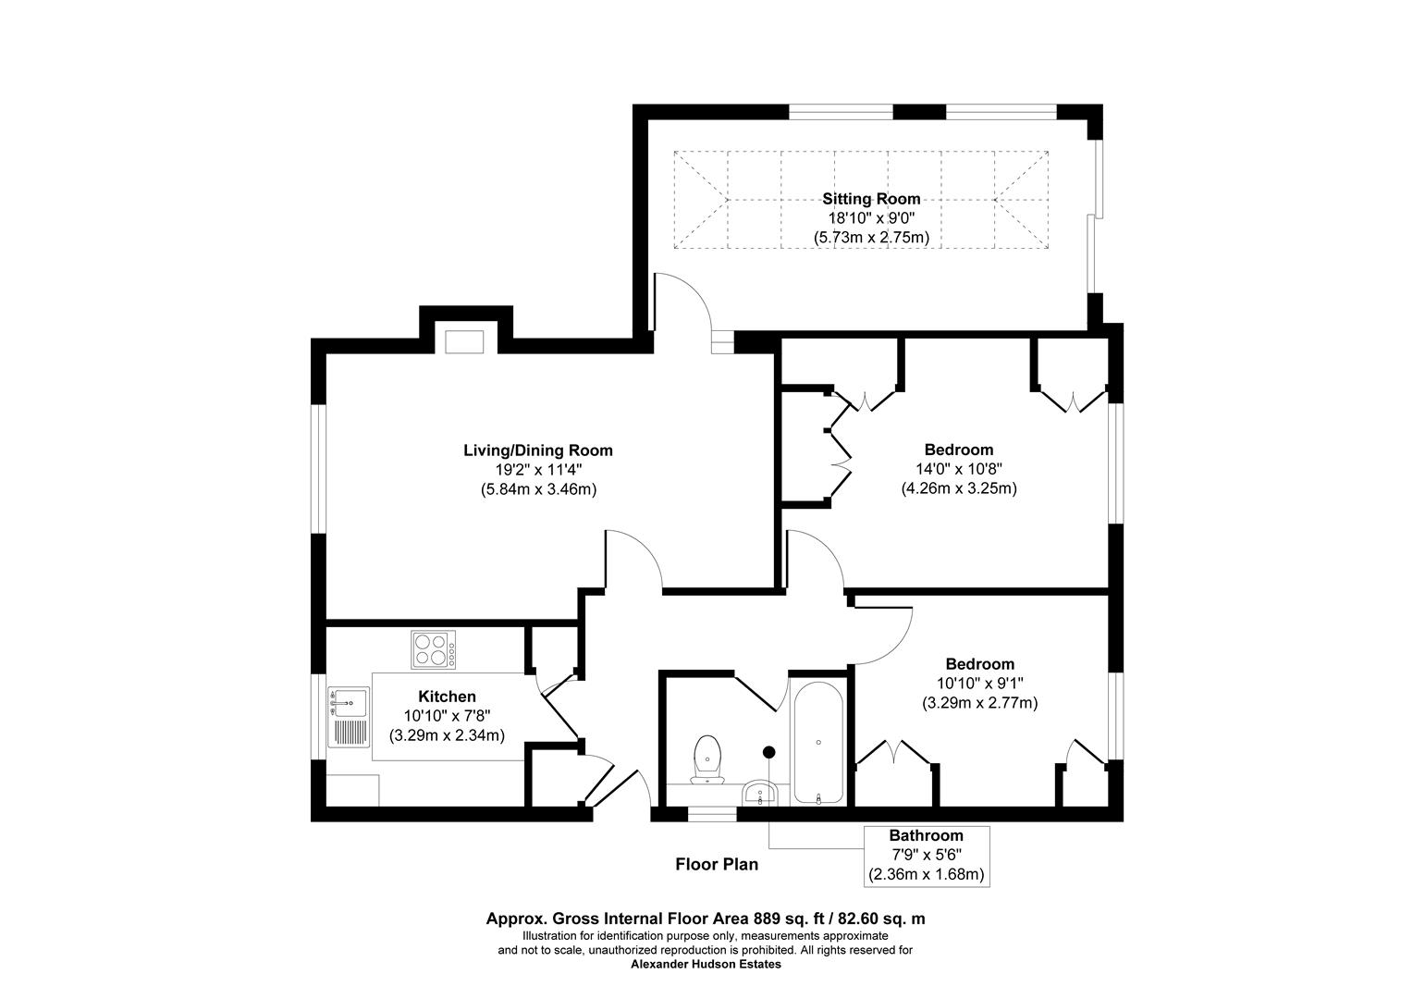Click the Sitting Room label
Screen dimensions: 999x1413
pos(871,199)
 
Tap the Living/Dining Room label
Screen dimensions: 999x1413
pos(537,450)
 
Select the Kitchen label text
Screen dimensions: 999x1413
pos(447,697)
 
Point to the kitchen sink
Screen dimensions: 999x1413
pos(349,705)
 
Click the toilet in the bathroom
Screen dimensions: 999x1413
pos(707,758)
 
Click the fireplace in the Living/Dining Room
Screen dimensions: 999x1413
pos(465,340)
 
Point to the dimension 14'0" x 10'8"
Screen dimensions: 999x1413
pos(959,469)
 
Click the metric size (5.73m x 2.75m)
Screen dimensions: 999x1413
pos(871,238)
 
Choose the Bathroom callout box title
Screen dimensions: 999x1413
pos(926,835)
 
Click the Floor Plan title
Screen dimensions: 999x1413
pos(717,865)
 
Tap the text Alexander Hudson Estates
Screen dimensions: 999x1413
pos(706,964)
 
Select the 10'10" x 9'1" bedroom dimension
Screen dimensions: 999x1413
pos(979,684)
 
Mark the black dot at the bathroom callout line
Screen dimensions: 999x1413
pos(768,751)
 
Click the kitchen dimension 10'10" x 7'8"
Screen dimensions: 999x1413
pos(447,716)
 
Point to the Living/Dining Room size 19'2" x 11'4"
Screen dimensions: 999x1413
pos(537,470)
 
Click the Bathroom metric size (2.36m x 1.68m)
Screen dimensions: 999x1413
pos(926,874)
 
